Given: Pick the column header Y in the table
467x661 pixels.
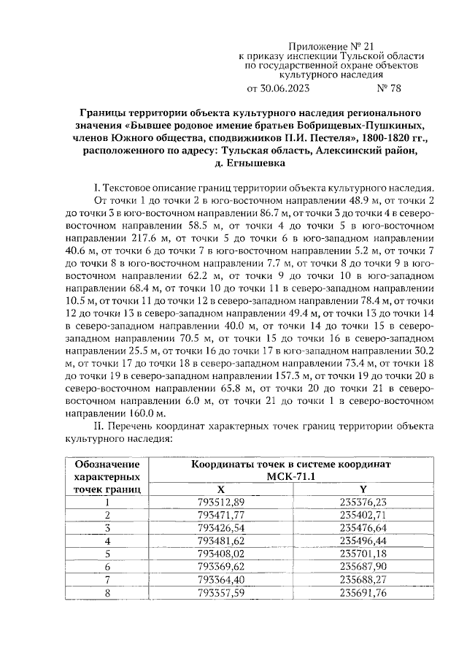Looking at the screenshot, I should coord(363,489).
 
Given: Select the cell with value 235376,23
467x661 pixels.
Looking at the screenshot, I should coord(363,501).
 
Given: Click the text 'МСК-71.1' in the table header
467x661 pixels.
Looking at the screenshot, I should coord(291,476).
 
